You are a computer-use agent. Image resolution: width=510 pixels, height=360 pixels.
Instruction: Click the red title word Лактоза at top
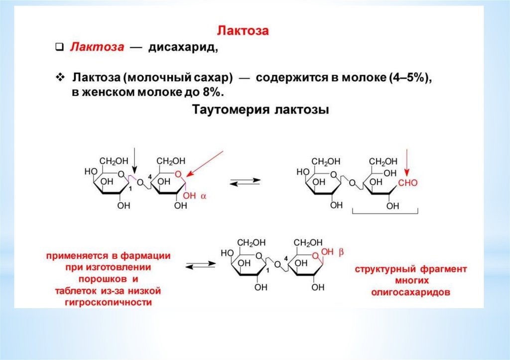point(243,31)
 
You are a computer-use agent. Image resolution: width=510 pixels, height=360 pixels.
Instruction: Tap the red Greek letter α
point(203,196)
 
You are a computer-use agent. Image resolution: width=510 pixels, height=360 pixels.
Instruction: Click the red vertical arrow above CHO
point(407,162)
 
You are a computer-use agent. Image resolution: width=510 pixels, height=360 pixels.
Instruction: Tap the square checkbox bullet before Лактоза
point(58,48)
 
